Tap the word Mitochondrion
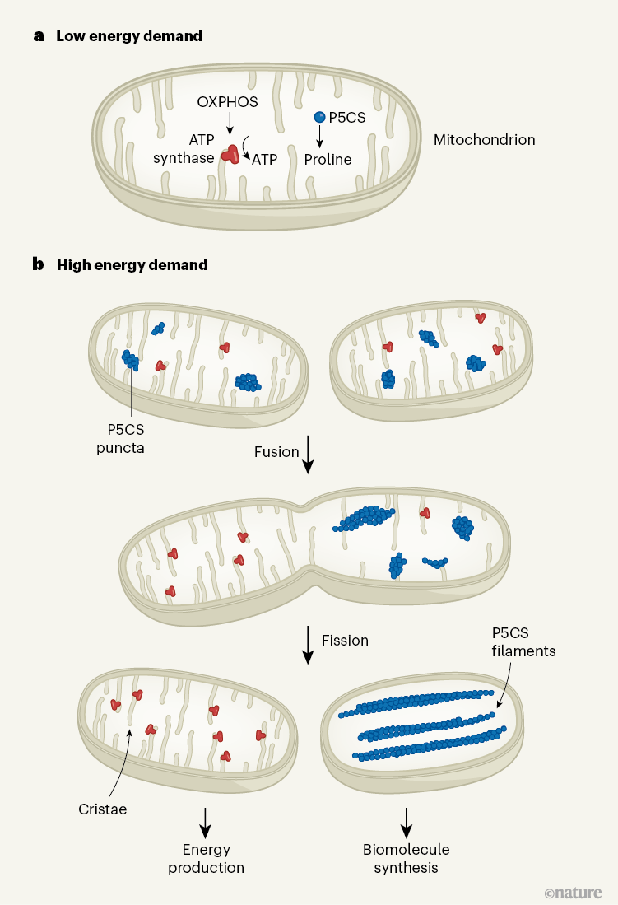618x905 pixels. pyautogui.click(x=484, y=140)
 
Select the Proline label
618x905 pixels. pyautogui.click(x=328, y=160)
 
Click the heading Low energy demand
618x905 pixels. pyautogui.click(x=128, y=36)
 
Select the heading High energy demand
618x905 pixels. pyautogui.click(x=132, y=265)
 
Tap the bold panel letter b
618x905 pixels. pyautogui.click(x=38, y=264)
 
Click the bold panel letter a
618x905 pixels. pyautogui.click(x=38, y=36)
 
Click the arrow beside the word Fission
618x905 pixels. pyautogui.click(x=308, y=645)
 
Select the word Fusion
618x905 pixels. pyautogui.click(x=276, y=452)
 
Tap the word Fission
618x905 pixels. pyautogui.click(x=345, y=640)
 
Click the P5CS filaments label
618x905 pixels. pyautogui.click(x=523, y=642)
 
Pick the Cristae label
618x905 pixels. pyautogui.click(x=103, y=809)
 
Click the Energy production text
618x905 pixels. pyautogui.click(x=206, y=858)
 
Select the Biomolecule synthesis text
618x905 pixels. pyautogui.click(x=406, y=858)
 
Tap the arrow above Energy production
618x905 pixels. pyautogui.click(x=206, y=818)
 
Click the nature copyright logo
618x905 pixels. pyautogui.click(x=573, y=893)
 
